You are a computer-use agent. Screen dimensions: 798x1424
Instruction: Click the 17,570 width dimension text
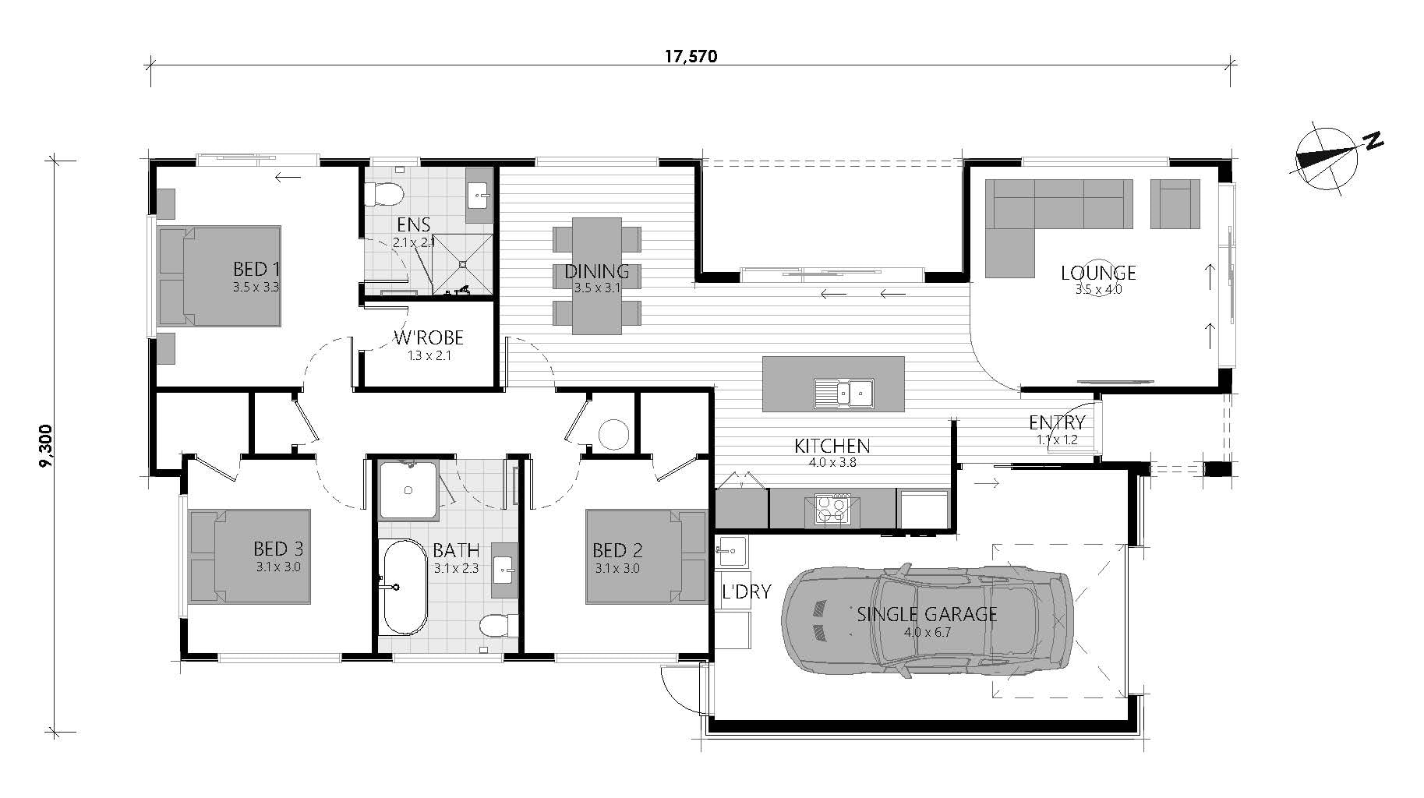click(x=691, y=56)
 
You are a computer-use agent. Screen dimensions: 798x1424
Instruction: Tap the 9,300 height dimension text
click(x=46, y=447)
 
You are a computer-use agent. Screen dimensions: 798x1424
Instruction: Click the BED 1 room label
click(x=256, y=270)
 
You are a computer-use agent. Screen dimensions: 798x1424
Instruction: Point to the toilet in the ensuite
click(x=385, y=192)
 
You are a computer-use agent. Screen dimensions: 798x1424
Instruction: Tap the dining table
click(x=597, y=276)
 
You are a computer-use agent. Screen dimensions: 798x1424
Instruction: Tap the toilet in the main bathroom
click(x=496, y=626)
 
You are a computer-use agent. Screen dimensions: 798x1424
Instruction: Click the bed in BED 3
click(x=250, y=556)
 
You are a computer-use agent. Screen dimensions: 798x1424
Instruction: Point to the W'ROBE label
click(x=429, y=337)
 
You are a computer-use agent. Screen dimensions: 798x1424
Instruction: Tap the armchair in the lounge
click(x=1175, y=204)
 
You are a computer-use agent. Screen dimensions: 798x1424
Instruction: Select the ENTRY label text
click(x=1056, y=422)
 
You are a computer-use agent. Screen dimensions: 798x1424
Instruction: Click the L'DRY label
click(x=745, y=591)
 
